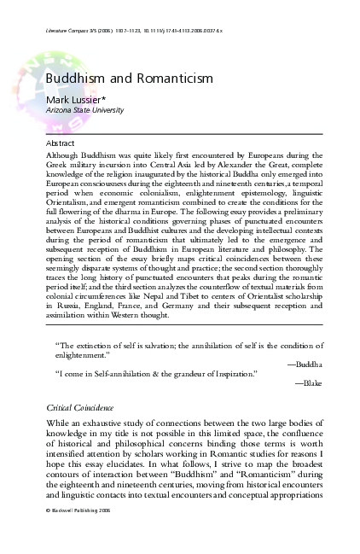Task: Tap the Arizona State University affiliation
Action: click(x=84, y=110)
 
